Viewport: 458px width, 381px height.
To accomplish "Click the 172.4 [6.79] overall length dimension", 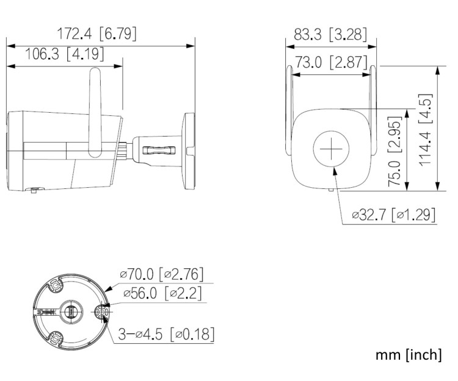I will tap(96, 34).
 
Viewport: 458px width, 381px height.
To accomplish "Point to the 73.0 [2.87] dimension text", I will tap(330, 63).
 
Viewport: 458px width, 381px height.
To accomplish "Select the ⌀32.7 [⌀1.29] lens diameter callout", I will tap(393, 215).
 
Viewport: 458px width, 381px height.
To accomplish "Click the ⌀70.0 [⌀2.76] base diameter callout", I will tap(161, 274).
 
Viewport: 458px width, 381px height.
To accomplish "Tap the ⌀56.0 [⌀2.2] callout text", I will tap(162, 294).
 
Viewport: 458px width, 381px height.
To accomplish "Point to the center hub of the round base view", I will tap(70, 312).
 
